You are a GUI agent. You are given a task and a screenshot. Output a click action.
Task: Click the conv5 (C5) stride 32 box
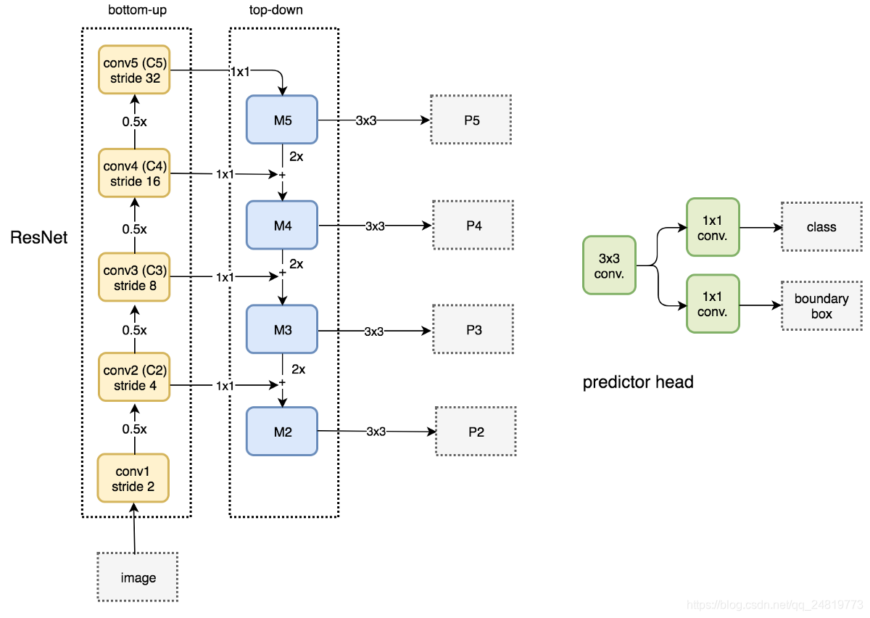click(134, 70)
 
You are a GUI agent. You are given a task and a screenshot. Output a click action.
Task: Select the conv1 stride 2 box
click(133, 479)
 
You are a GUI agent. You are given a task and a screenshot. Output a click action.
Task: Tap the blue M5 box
click(282, 120)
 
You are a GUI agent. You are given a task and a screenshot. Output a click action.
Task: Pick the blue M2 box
click(282, 432)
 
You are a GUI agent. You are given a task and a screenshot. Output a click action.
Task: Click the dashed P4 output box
click(473, 225)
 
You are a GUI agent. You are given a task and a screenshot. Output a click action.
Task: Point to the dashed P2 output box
click(476, 432)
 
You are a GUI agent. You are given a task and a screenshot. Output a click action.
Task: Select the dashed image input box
click(138, 577)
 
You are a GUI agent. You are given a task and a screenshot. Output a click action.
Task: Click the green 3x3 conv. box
click(609, 265)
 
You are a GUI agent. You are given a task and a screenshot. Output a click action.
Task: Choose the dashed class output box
click(821, 227)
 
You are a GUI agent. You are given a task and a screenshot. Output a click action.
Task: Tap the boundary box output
click(821, 306)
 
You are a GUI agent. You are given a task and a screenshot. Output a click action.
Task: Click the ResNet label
click(39, 237)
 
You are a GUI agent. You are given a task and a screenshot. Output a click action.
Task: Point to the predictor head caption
click(638, 382)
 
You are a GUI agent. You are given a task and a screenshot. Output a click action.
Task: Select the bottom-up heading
click(137, 9)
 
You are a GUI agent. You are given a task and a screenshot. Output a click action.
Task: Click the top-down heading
click(275, 9)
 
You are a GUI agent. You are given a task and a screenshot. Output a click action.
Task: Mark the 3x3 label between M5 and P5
click(366, 120)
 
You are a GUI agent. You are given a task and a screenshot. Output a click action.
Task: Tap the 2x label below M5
click(296, 157)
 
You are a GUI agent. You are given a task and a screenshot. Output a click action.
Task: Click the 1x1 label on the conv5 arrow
click(240, 72)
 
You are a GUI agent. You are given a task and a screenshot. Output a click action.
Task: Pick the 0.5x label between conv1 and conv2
click(134, 429)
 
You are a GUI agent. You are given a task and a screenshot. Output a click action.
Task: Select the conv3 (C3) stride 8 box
click(134, 278)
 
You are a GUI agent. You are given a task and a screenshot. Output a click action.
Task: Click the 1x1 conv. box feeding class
click(713, 227)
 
